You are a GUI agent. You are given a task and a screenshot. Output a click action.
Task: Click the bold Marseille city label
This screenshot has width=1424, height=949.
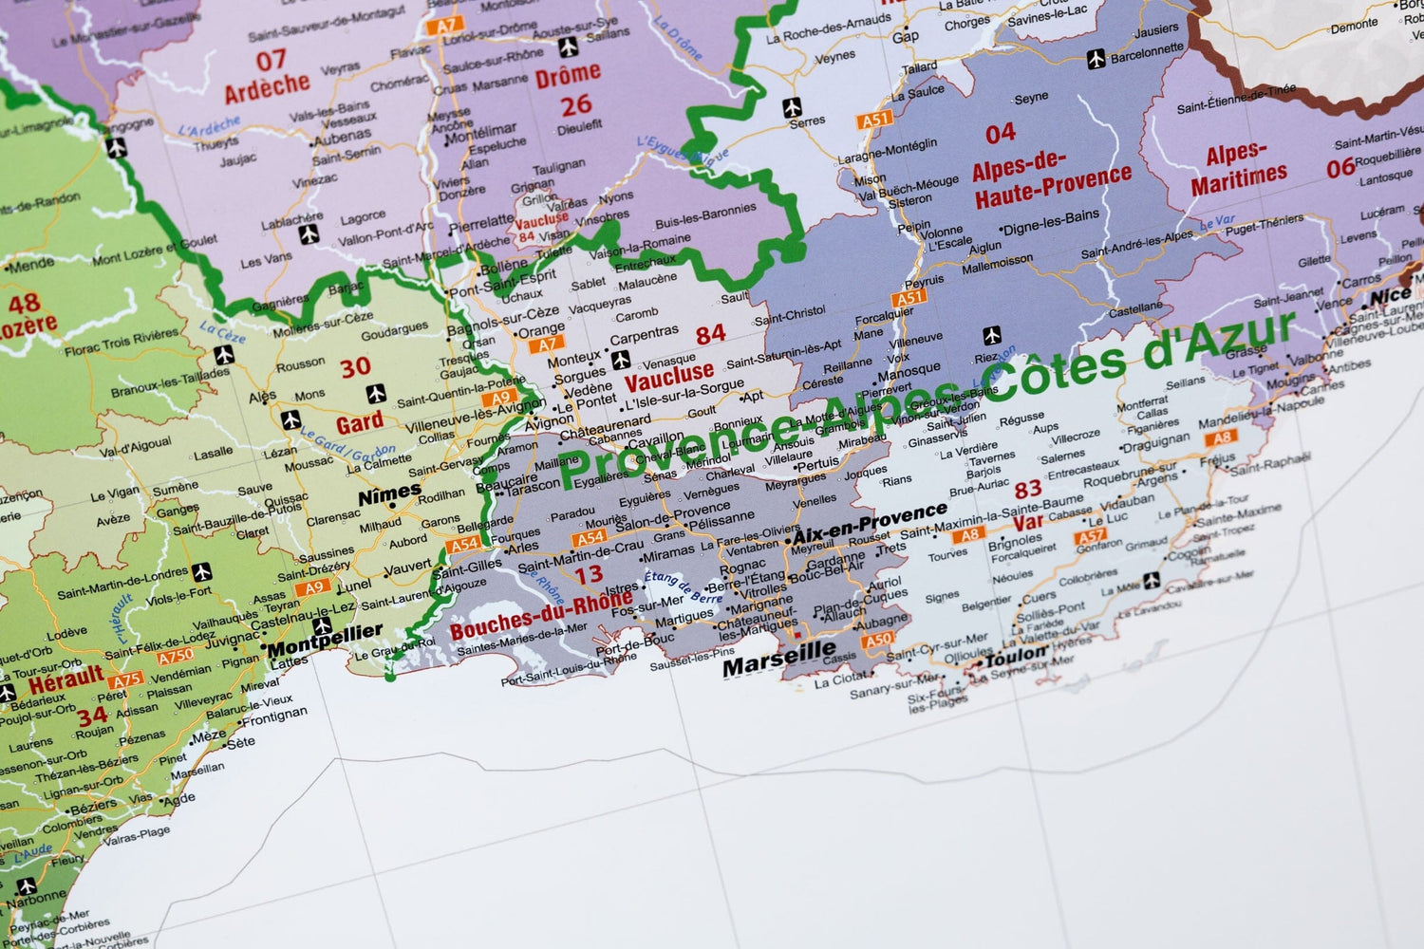click(x=778, y=658)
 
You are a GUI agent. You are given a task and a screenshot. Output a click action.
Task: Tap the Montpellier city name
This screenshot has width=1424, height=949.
click(x=325, y=642)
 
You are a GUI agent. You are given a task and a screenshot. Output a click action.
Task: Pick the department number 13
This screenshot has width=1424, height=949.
click(x=589, y=573)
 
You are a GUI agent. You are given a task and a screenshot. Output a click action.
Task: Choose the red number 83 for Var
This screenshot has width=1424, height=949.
click(x=1028, y=490)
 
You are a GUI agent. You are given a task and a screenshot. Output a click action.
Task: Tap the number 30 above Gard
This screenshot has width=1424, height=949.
click(x=356, y=368)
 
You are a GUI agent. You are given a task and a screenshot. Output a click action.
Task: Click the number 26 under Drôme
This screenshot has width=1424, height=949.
click(x=575, y=104)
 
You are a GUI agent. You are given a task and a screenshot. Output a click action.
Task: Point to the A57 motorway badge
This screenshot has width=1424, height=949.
click(x=1091, y=538)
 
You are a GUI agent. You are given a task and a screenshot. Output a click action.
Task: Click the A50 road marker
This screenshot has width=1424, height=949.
click(x=877, y=641)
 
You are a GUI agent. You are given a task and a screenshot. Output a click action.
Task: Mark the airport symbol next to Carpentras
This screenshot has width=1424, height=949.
click(x=620, y=360)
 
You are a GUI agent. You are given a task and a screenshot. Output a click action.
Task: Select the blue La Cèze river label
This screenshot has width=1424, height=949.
click(x=223, y=331)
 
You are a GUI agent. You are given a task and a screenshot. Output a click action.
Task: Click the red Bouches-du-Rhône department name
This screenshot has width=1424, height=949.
click(x=540, y=618)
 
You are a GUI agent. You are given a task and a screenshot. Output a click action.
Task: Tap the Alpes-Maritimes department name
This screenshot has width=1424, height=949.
click(x=1239, y=168)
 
